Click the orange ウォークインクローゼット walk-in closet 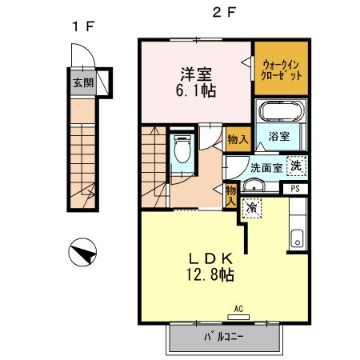(281, 67)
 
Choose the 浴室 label (279, 138)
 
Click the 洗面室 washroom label (265, 168)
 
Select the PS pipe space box (295, 189)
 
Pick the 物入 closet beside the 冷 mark (230, 195)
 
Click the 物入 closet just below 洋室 (237, 140)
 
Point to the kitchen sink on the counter (297, 238)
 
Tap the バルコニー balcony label (224, 337)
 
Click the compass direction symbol (82, 254)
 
